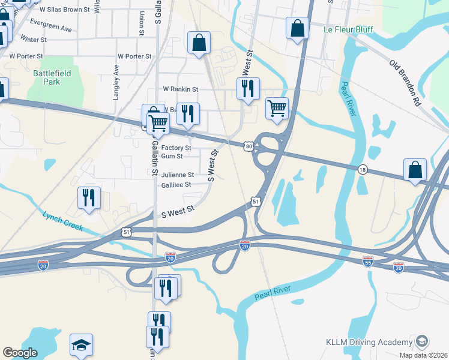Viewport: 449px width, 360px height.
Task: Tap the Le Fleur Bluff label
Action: point(348,29)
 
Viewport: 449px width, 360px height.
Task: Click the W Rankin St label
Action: point(181,89)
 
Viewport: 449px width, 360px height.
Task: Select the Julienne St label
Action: point(177,175)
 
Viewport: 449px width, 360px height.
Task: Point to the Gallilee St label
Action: point(176,185)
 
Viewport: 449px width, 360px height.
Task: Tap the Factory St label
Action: point(176,148)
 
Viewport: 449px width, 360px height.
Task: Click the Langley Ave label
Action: point(116,79)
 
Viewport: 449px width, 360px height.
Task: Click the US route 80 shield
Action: point(249,146)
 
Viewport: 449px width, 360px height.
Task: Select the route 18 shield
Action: point(363,170)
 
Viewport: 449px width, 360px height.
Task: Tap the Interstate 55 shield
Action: point(368,262)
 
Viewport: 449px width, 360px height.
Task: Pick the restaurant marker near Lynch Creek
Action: point(89,198)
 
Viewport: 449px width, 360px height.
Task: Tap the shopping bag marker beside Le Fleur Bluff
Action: point(297,28)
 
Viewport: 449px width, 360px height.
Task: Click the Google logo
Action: point(20,353)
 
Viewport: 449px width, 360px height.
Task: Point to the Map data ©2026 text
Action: point(423,355)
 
